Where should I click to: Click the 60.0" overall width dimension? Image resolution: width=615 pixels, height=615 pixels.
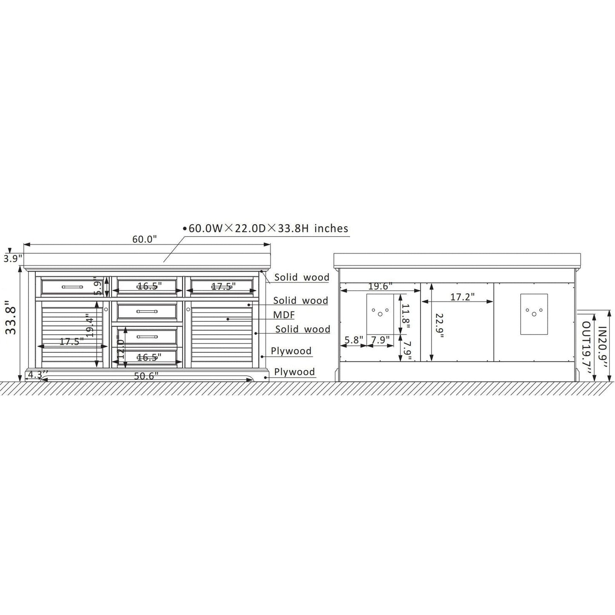145,239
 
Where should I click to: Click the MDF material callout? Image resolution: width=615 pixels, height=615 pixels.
284,315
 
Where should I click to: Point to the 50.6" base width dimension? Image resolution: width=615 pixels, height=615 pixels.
146,376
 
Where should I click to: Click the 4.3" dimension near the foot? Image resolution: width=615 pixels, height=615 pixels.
37,374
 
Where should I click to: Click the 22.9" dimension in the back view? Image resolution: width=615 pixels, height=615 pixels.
440,326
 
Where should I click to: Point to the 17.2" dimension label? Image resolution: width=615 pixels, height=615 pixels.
463,297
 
